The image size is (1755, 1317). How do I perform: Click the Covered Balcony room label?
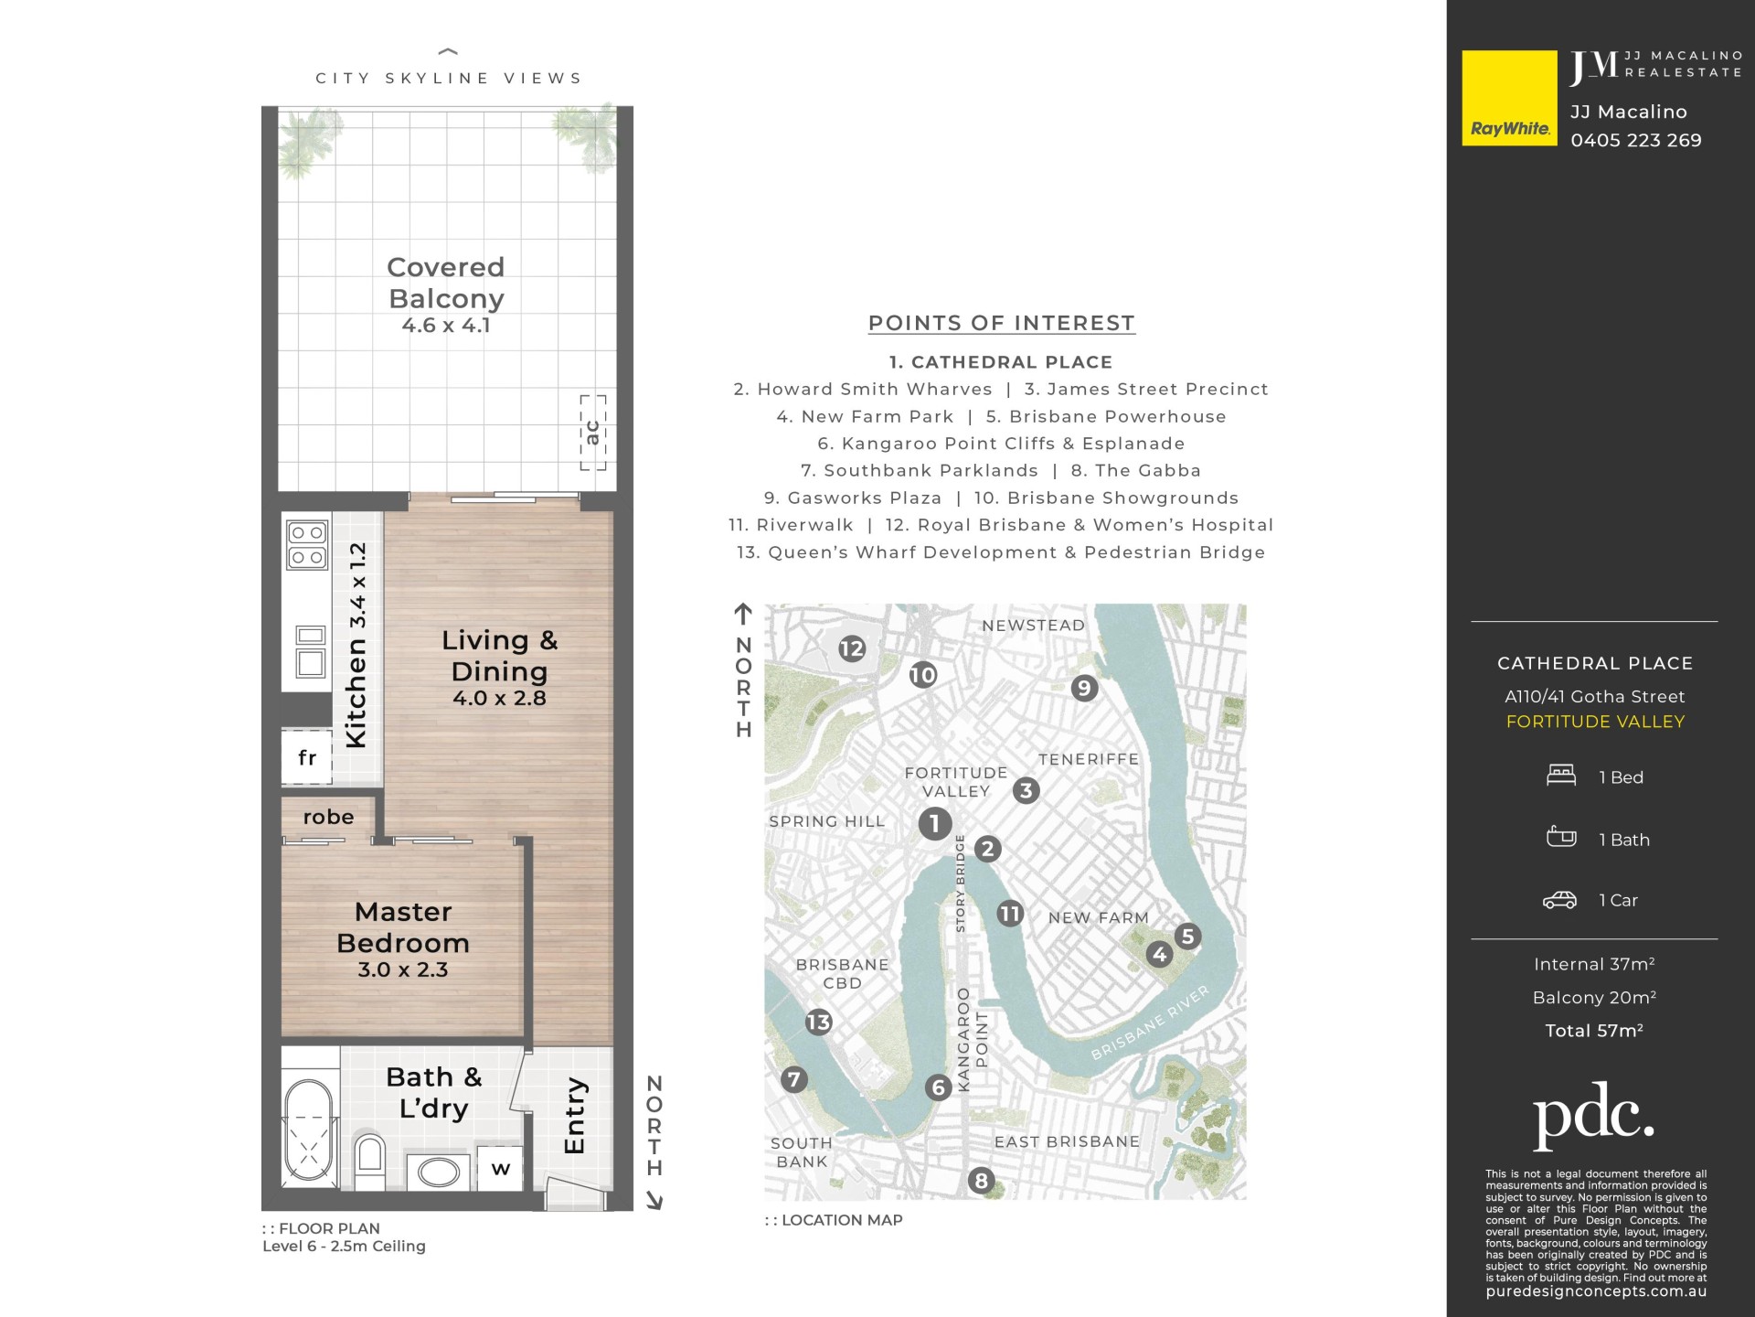click(446, 283)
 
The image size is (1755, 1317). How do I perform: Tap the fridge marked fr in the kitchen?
click(306, 757)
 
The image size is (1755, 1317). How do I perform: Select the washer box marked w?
click(500, 1168)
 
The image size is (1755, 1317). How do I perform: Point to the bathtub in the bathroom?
click(309, 1130)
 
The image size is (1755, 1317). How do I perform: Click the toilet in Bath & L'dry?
click(370, 1161)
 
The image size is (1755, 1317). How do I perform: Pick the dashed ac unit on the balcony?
click(593, 433)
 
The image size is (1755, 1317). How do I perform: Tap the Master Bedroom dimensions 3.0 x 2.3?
click(403, 969)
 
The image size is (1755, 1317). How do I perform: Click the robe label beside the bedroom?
click(328, 817)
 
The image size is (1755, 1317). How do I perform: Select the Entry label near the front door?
click(574, 1115)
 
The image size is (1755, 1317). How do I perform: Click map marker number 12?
click(852, 648)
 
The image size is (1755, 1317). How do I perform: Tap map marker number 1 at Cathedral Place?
click(934, 823)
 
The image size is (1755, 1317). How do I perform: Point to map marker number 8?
click(981, 1181)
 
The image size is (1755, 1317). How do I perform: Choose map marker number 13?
click(818, 1022)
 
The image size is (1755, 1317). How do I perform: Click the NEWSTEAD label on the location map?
click(1033, 626)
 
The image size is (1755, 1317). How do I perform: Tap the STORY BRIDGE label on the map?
click(960, 883)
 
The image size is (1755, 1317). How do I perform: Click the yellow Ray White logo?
click(1509, 98)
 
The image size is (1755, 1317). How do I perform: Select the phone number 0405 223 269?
click(1636, 140)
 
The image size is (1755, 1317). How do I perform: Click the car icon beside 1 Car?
click(1559, 900)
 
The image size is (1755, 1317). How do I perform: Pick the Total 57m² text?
click(1594, 1031)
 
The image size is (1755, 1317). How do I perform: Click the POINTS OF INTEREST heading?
click(1001, 323)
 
